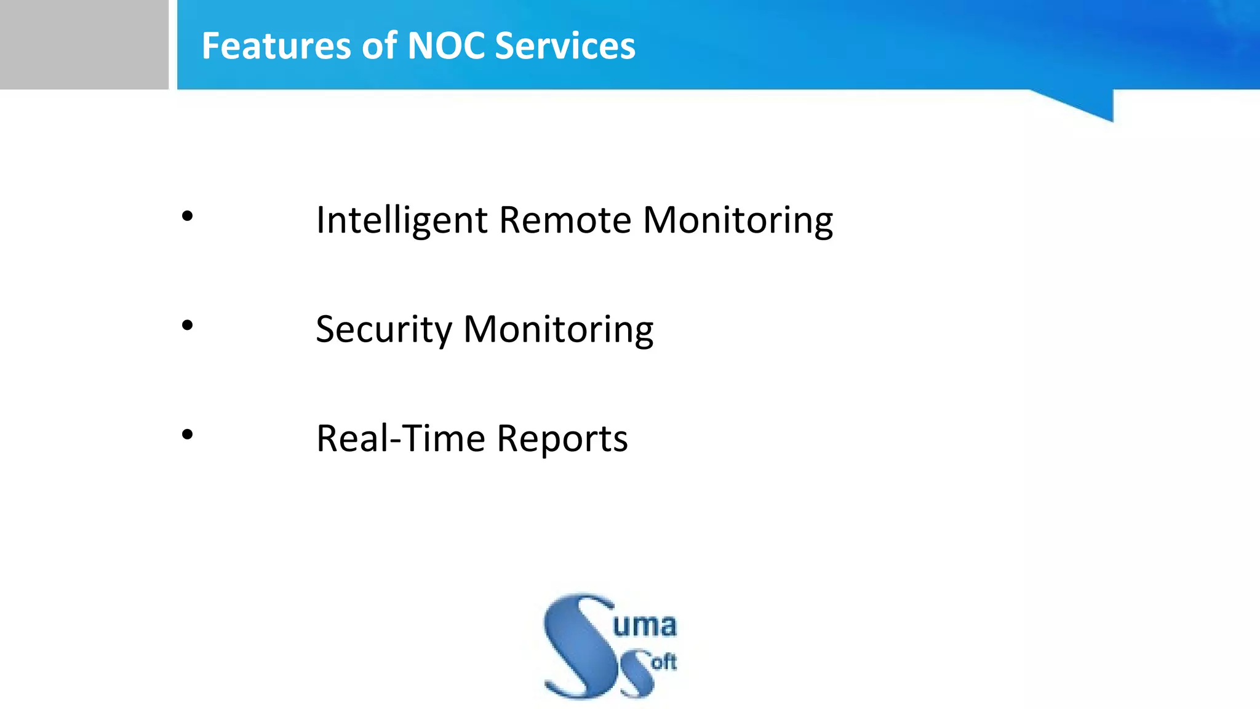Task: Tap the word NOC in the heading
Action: point(446,46)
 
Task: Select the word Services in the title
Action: point(565,46)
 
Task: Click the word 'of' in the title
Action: point(379,46)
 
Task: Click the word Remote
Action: point(565,220)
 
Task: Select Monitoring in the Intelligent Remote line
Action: point(738,220)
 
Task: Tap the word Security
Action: point(384,330)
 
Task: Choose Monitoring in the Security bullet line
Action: point(558,330)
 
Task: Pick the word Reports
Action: point(562,439)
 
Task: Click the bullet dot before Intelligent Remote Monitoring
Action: point(188,216)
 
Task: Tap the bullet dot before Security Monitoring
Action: point(188,326)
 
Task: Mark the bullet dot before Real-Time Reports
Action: point(188,435)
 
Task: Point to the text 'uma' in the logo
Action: point(644,625)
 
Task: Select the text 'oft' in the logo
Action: point(664,663)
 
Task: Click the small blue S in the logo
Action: point(637,674)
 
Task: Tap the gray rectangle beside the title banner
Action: point(84,44)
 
